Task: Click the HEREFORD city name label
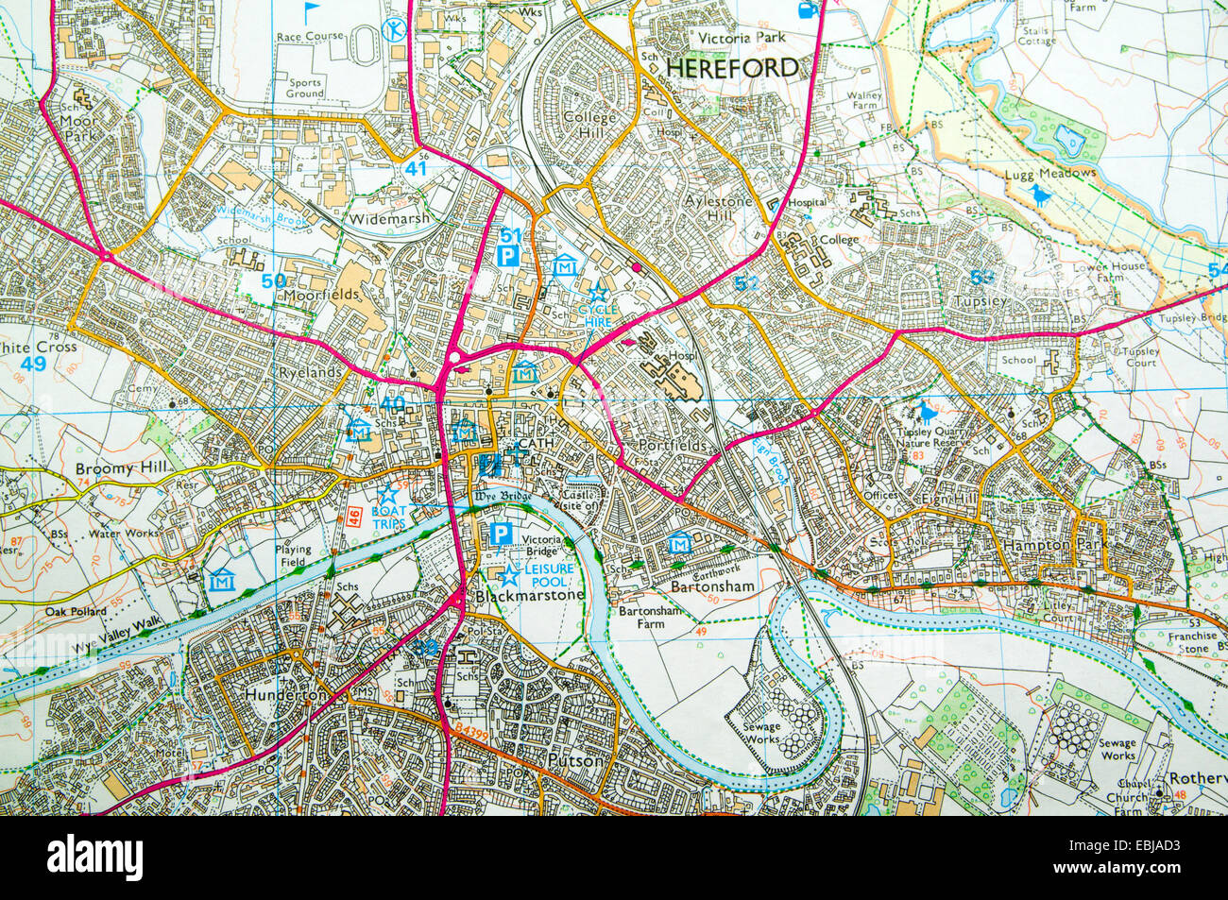[732, 67]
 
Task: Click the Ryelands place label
[308, 373]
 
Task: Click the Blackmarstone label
[529, 597]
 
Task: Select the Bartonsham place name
[711, 586]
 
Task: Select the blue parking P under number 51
[508, 255]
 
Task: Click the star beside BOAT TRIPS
[387, 493]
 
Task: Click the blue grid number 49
[34, 365]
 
